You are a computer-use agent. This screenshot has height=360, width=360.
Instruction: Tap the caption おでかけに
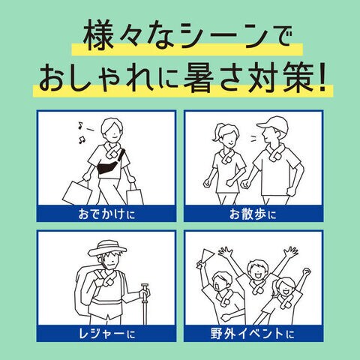pos(106,214)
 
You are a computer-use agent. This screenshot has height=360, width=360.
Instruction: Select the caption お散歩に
pos(253,214)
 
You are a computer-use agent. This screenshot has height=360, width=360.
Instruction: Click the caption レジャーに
pos(106,334)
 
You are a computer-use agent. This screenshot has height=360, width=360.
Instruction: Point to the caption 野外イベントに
pos(252,334)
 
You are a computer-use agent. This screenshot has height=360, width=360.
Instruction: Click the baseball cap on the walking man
pos(272,124)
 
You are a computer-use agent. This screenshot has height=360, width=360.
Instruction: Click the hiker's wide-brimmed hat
pos(108,248)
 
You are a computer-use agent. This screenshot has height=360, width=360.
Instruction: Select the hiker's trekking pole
pos(145,304)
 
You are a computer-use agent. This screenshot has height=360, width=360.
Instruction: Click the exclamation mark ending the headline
pos(322,77)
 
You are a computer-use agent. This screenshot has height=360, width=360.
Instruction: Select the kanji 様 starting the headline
pos(98,37)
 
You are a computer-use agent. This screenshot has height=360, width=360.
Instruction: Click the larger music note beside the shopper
pos(82,139)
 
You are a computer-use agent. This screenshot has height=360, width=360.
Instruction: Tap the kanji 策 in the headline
pos(298,77)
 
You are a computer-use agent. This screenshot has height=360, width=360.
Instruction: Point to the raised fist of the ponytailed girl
pos(307,271)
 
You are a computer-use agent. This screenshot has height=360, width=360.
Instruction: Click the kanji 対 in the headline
pos(265,77)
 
